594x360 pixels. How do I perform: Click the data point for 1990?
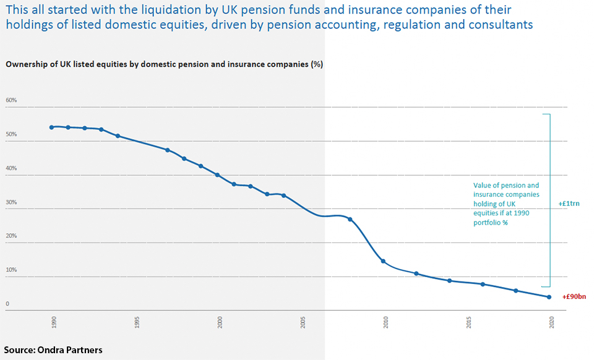pos(51,127)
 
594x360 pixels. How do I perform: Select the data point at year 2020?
pos(549,297)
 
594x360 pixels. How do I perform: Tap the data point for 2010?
pos(383,261)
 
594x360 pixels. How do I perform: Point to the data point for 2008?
pos(350,220)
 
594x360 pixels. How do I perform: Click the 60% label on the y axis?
pos(11,100)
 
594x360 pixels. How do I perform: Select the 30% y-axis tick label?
pos(11,202)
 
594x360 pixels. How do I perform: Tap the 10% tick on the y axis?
pos(11,270)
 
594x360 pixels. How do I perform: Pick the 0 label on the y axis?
pos(7,304)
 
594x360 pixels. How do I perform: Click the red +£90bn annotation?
pos(574,297)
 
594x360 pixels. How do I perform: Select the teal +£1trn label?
pos(568,203)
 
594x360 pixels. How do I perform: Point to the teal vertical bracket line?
pos(549,198)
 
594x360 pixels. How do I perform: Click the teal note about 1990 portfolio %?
pos(506,204)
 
